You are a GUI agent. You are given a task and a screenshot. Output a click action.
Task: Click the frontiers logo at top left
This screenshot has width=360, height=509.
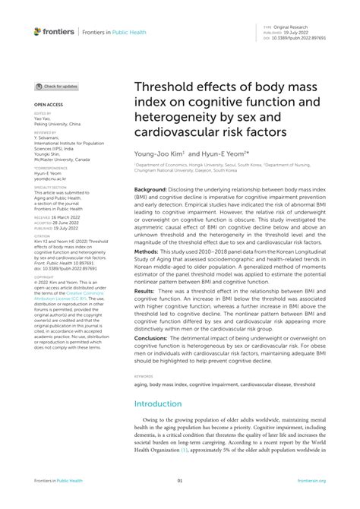tap(55, 32)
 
